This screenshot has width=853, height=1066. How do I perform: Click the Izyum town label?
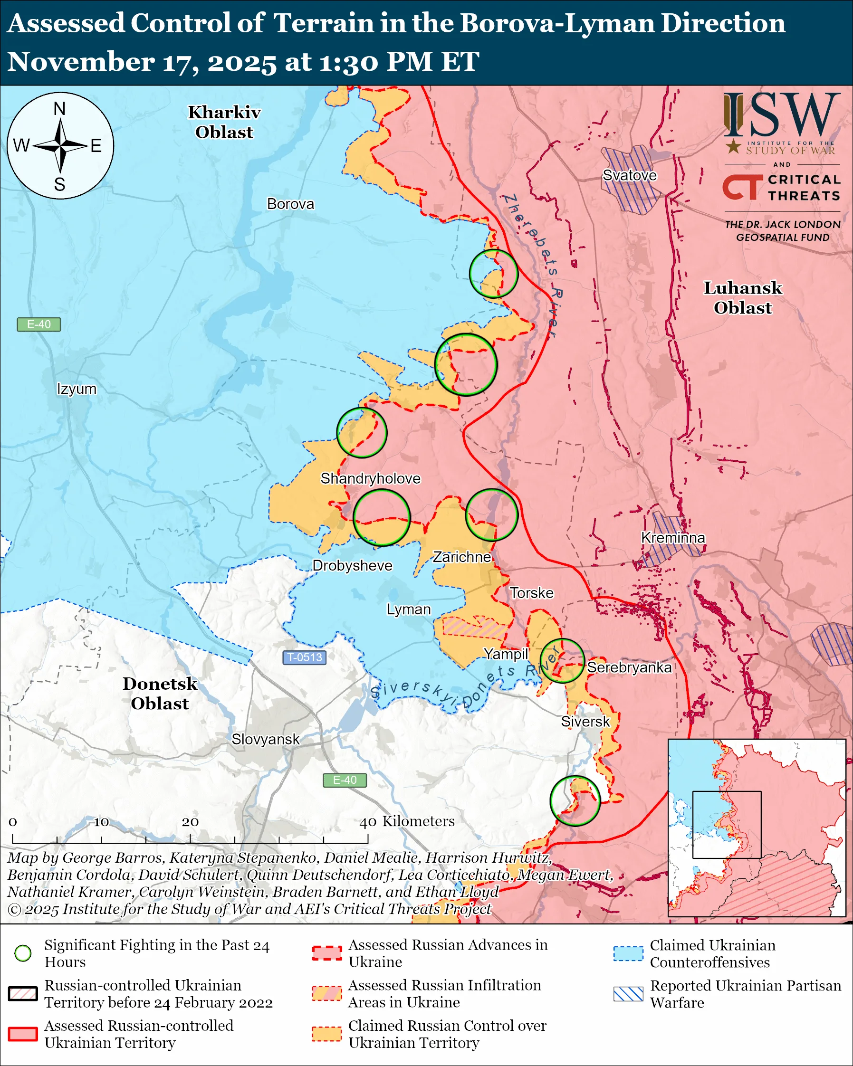(x=77, y=389)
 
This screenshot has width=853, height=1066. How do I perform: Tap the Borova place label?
(x=290, y=204)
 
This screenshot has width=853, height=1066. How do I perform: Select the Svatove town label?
(x=630, y=175)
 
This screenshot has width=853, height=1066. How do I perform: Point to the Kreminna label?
(x=672, y=537)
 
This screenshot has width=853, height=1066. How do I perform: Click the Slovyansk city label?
(x=266, y=739)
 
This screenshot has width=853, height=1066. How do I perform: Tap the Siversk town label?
(x=585, y=722)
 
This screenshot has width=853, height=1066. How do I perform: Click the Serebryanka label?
(x=629, y=667)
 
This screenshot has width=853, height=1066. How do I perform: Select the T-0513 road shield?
(x=304, y=657)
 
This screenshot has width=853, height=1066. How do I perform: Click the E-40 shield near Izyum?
(x=38, y=324)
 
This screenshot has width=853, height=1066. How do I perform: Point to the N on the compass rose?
(x=59, y=109)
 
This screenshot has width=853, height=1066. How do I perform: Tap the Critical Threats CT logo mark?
(x=742, y=187)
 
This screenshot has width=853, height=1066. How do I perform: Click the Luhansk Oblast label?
(x=742, y=297)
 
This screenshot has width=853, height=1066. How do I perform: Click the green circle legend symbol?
(x=23, y=953)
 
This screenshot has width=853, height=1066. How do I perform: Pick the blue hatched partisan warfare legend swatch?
(x=628, y=994)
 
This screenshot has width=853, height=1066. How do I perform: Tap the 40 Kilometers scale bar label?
(x=406, y=821)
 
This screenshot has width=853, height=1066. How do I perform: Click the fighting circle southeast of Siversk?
(x=575, y=800)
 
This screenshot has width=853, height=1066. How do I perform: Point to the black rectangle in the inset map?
(x=727, y=824)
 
